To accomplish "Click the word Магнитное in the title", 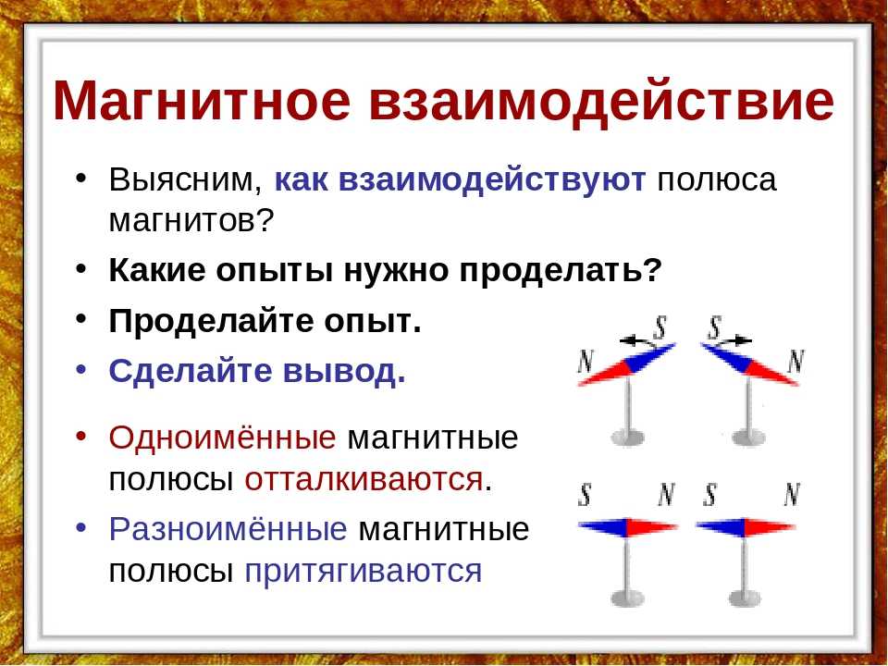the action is point(203,101).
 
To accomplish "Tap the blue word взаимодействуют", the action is point(460,180).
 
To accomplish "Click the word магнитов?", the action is point(191,221).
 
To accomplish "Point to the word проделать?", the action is point(561,271).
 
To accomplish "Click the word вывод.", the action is point(344,372).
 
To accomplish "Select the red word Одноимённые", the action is point(222,438).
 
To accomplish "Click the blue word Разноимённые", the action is point(228,529).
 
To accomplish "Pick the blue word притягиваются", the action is point(363,571).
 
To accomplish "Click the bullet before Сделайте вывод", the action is point(81,369).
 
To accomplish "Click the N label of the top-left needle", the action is point(586,361).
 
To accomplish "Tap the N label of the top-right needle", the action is point(796,361).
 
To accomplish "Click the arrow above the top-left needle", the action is point(639,340).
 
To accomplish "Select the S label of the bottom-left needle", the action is point(585,494).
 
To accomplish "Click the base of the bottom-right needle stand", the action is point(744,598).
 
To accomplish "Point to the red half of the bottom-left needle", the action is point(651,528).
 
